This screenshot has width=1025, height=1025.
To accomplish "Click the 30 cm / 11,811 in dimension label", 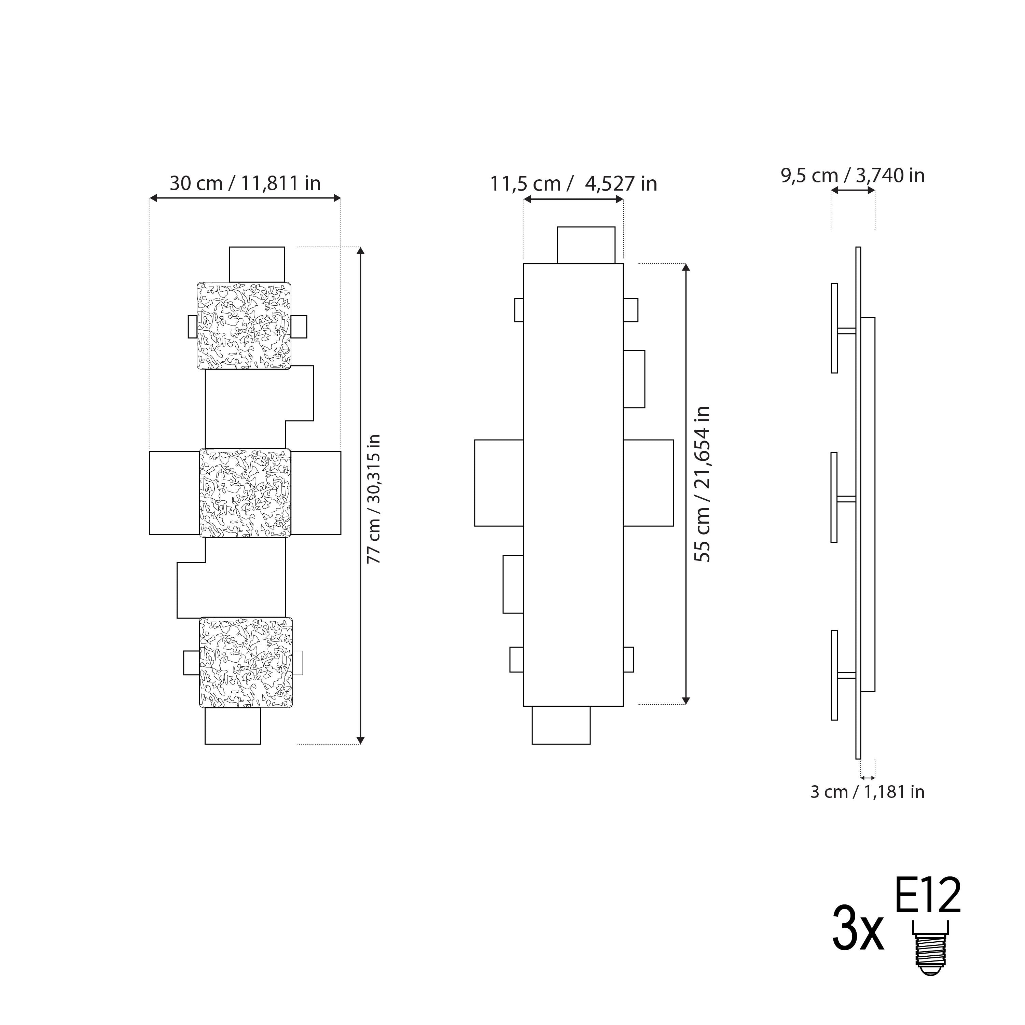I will coord(245,183).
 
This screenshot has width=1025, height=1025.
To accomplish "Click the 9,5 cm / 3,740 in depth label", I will coord(853,176).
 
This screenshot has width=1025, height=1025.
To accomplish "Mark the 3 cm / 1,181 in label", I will coord(867,807).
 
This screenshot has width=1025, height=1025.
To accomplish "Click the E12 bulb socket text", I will coord(928,897).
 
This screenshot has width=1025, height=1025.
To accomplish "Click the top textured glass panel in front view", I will coord(244,326).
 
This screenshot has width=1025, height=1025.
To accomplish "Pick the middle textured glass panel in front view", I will coord(245,493).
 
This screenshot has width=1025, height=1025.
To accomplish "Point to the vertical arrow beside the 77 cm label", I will coord(361,496).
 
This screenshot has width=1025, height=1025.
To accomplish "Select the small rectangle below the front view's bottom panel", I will coord(233,726).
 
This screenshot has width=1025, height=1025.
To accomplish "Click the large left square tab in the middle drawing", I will coord(499,483).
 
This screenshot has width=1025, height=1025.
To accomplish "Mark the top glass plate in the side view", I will coord(834,328).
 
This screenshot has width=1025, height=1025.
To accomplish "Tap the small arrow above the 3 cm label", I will coord(868,778).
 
